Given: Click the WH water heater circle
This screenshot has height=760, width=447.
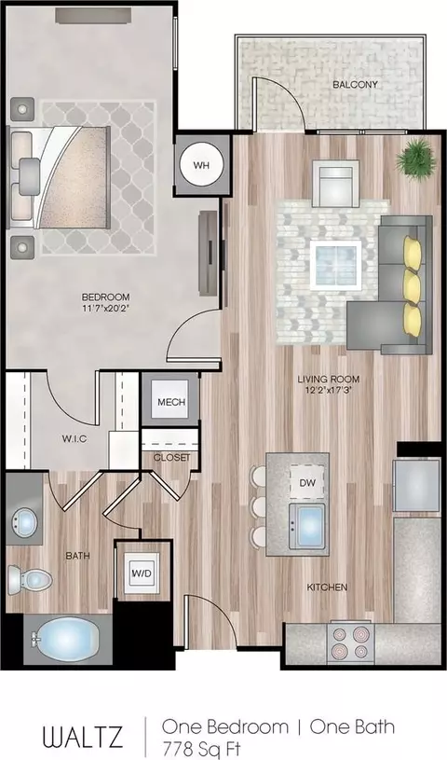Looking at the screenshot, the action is pyautogui.click(x=201, y=165).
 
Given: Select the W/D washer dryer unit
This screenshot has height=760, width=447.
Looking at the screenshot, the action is pyautogui.click(x=142, y=573).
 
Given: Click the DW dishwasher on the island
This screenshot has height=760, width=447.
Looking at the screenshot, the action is pyautogui.click(x=307, y=482).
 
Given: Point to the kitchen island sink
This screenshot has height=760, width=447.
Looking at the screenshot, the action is pyautogui.click(x=307, y=526).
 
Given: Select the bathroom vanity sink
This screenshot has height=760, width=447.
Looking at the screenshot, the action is pyautogui.click(x=25, y=522).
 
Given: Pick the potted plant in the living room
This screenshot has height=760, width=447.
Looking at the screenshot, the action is pyautogui.click(x=415, y=159).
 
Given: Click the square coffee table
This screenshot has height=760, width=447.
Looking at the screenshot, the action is pyautogui.click(x=335, y=265).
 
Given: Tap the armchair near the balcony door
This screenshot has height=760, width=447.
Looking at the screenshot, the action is pyautogui.click(x=335, y=183).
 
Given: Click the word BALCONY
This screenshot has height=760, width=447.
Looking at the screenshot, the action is pyautogui.click(x=355, y=84).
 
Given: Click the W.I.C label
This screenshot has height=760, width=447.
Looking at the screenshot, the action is pyautogui.click(x=74, y=439).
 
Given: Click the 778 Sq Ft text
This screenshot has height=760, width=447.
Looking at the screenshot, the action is pyautogui.click(x=201, y=749).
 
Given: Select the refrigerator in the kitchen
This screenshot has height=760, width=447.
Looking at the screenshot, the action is pyautogui.click(x=416, y=485).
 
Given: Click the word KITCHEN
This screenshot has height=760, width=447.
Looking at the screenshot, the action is pyautogui.click(x=327, y=587).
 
